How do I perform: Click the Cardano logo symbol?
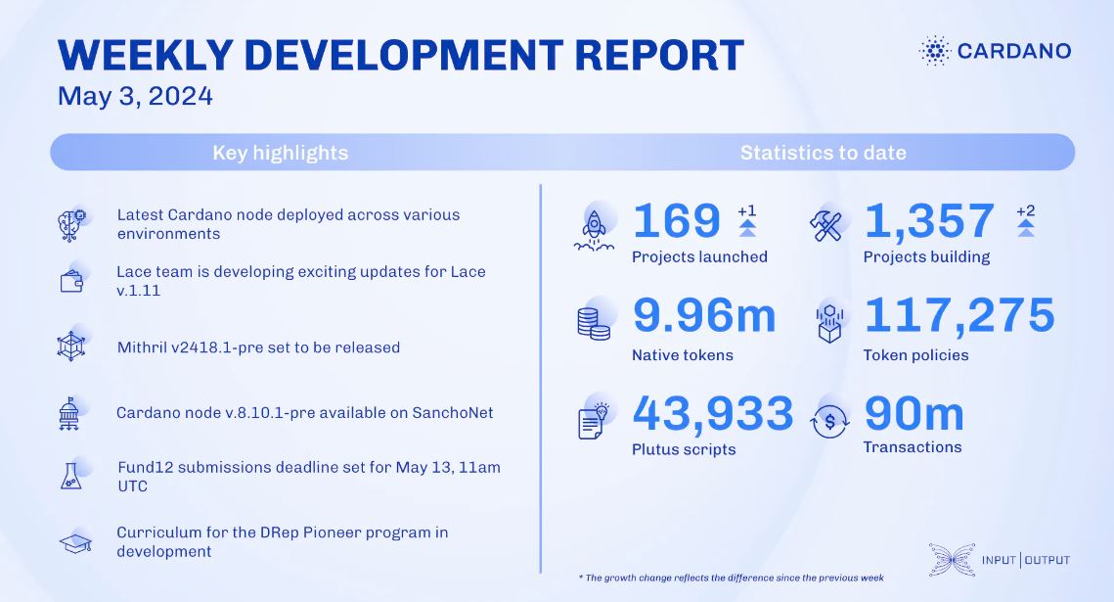point(935,51)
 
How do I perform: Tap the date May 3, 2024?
point(135,96)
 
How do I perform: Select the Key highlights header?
point(281,153)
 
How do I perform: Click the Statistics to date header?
point(824,153)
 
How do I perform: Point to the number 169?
point(677,221)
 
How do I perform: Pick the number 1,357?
point(928,221)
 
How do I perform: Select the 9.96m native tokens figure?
point(704,315)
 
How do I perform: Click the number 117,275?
point(959,315)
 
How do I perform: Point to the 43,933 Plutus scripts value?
point(713,413)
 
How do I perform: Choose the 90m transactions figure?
point(914,414)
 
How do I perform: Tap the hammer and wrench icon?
point(825,227)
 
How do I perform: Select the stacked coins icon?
point(594,323)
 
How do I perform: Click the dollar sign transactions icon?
point(829,422)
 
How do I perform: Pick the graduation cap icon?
point(75,543)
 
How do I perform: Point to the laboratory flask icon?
point(71,476)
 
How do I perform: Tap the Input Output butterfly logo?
point(952,559)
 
